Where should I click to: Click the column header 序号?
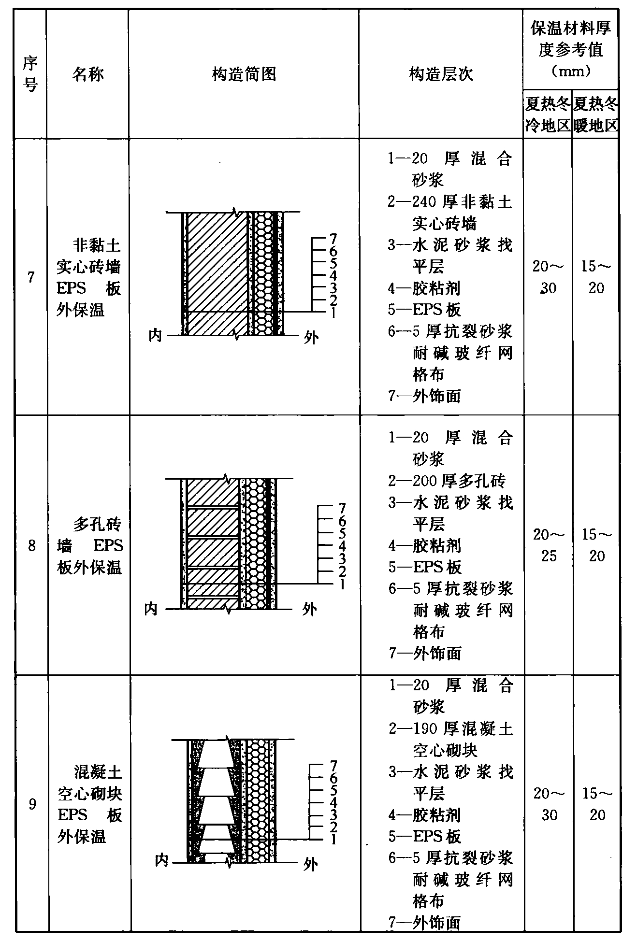tap(30, 74)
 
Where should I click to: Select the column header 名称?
tap(88, 74)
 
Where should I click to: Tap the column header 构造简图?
tap(244, 74)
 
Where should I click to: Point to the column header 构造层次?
tap(441, 74)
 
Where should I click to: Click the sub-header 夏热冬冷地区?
tap(548, 114)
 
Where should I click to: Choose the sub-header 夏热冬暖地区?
tap(596, 114)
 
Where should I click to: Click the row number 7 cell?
tap(31, 277)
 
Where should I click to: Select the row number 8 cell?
tap(31, 546)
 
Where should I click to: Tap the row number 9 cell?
tap(32, 804)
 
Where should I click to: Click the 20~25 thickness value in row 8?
tap(549, 545)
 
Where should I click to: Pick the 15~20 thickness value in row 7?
tap(596, 277)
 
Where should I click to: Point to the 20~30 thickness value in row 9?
tap(549, 804)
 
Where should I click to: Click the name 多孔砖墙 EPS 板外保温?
tap(89, 546)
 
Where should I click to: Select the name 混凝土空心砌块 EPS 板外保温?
tap(89, 804)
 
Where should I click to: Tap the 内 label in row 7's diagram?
tap(155, 335)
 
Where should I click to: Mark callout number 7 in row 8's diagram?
tap(342, 508)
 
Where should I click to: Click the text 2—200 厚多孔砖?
tap(447, 481)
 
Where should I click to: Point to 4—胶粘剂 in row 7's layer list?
tap(424, 288)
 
